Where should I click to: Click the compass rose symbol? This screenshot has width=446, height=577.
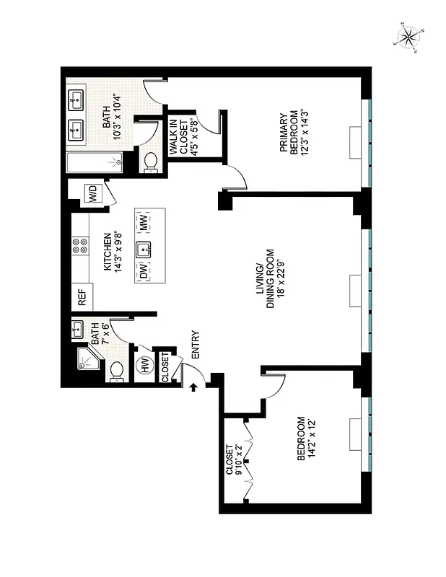[408, 38]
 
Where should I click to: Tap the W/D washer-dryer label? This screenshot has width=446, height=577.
[93, 193]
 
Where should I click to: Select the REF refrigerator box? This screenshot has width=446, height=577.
[82, 298]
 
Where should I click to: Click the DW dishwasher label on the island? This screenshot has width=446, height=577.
[144, 273]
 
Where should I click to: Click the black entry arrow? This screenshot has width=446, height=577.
[193, 388]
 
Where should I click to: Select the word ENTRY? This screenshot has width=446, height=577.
[194, 345]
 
